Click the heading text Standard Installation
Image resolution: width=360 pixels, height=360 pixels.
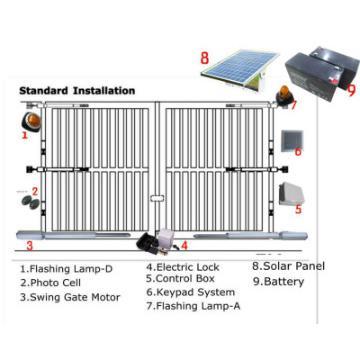[x=77, y=90]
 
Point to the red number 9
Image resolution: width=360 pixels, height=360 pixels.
[x=350, y=89]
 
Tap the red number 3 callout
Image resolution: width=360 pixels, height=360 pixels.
[x=30, y=243]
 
